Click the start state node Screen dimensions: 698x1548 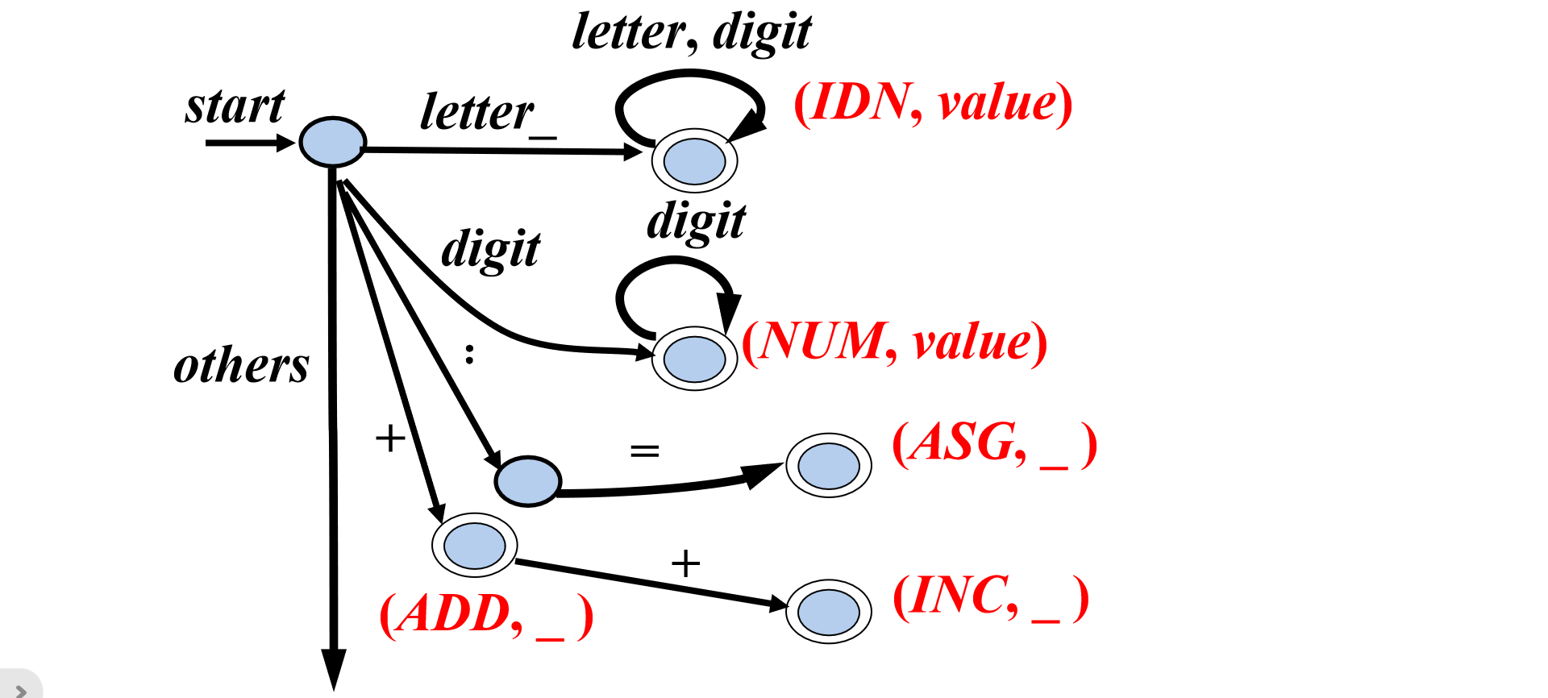tap(332, 142)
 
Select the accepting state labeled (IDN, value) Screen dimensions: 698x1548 tap(694, 160)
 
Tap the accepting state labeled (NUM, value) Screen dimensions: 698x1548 tap(694, 359)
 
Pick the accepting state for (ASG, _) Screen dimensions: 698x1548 tap(828, 465)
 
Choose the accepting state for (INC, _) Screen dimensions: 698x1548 tap(828, 611)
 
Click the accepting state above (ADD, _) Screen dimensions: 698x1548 tap(474, 545)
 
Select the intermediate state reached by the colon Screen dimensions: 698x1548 tap(527, 481)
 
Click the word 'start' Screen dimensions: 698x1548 tap(235, 106)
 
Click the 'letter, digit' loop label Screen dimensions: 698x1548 tap(691, 32)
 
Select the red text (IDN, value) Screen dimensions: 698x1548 tap(933, 103)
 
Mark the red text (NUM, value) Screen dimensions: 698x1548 tap(894, 342)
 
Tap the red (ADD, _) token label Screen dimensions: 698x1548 tap(486, 615)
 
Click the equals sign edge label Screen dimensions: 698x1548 tap(644, 451)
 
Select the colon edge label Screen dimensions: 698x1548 tap(469, 353)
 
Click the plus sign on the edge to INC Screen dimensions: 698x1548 tap(685, 563)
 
